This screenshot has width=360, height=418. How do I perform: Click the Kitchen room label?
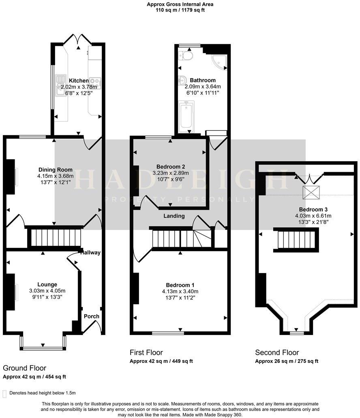click(79, 81)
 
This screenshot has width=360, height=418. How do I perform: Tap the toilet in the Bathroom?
click(186, 56)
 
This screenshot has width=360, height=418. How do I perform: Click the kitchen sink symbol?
click(61, 85)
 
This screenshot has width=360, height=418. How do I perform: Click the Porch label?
click(91, 316)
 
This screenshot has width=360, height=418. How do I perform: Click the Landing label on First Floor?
click(174, 216)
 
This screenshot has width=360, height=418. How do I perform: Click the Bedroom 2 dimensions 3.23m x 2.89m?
click(171, 173)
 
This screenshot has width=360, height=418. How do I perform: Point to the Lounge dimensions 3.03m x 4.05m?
click(47, 290)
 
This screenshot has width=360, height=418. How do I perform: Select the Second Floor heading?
click(277, 352)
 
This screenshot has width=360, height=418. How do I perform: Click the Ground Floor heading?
click(24, 368)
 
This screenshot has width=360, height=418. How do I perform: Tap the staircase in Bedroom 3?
click(295, 239)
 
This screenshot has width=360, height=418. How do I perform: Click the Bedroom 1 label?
click(180, 285)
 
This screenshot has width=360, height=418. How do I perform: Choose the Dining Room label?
click(56, 170)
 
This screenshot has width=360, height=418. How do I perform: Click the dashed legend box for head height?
click(4, 393)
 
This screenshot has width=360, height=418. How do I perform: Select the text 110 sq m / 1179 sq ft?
click(180, 10)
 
